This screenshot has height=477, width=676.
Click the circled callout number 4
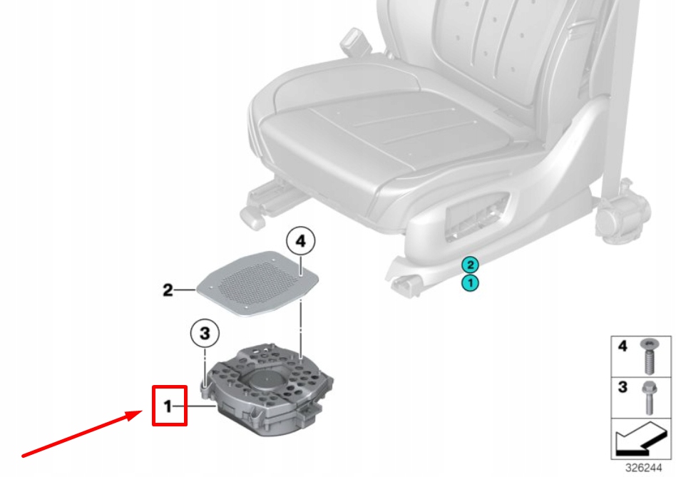[300, 242]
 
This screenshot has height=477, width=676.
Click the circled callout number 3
[204, 332]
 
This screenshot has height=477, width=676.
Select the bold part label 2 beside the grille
[168, 290]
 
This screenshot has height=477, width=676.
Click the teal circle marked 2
[468, 265]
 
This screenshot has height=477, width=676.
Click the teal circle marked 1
[468, 283]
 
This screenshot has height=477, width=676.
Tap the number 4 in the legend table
[622, 347]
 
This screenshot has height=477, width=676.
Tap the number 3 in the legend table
[622, 388]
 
